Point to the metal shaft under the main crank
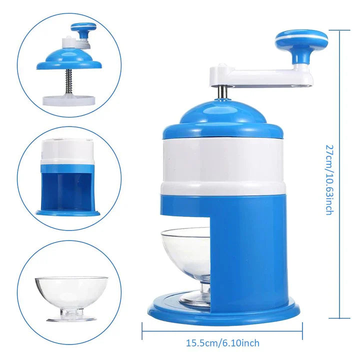click(222, 92)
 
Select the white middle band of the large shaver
click(222, 166)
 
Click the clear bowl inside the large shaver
click(186, 252)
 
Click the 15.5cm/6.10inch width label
click(222, 343)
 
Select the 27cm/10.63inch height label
click(329, 180)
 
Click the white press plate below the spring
click(69, 100)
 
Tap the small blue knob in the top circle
click(82, 29)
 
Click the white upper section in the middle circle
click(67, 151)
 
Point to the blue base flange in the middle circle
click(68, 213)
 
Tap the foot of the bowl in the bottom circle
click(71, 318)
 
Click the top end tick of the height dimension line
click(339, 30)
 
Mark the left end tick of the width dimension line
click(142, 331)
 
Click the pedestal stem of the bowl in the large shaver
click(205, 288)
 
